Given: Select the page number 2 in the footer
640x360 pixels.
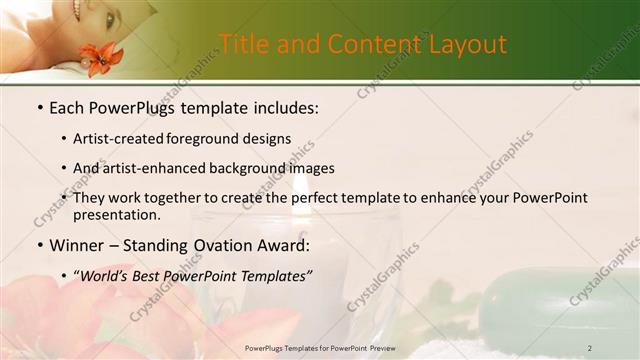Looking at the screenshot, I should pyautogui.click(x=590, y=348).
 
